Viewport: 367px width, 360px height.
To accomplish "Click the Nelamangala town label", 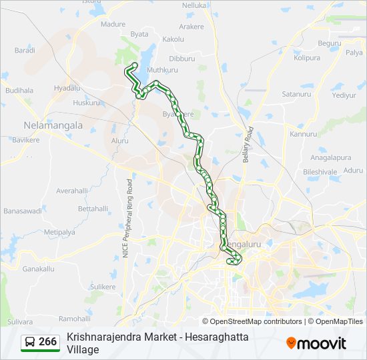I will (53, 125).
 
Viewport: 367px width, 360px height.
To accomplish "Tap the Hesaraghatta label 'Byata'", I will (139, 33).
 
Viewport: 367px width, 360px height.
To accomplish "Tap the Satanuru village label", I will (296, 94).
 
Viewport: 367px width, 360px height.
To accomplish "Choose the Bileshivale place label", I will (320, 171).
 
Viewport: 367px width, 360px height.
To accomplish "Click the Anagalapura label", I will (330, 157).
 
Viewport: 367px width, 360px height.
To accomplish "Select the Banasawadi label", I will (23, 211).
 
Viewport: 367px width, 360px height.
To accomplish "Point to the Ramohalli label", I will (74, 319).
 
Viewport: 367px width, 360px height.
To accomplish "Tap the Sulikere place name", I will (103, 286).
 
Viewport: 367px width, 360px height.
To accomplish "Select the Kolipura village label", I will (307, 58).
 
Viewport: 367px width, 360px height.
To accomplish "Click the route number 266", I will (47, 342).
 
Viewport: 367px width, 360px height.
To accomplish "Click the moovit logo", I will (316, 343).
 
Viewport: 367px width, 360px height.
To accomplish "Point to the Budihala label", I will (19, 90).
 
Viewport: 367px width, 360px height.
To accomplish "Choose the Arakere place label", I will (191, 27).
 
